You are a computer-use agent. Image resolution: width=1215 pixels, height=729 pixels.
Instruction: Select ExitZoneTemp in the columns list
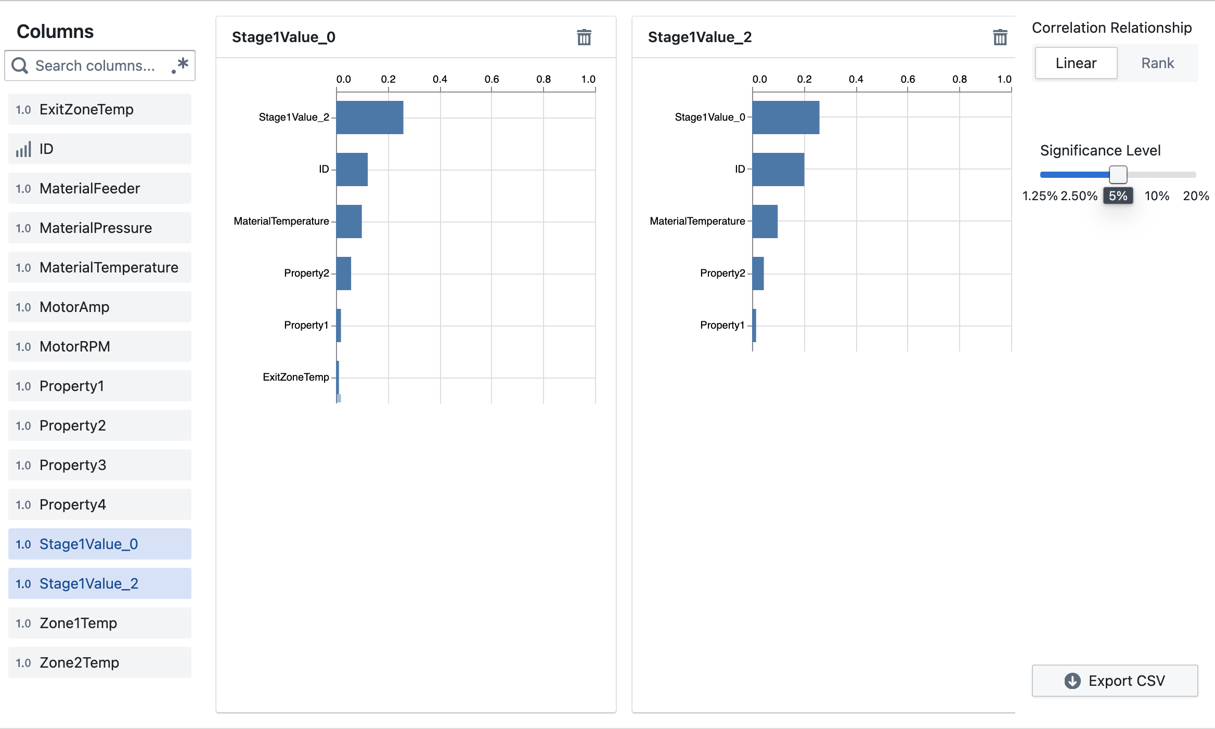coord(99,109)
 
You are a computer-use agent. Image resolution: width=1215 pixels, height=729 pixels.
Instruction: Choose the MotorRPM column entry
coord(99,346)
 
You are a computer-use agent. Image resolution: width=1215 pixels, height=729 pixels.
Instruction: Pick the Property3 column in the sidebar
coord(99,465)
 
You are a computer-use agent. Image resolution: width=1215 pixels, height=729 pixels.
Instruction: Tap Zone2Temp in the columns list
coord(99,662)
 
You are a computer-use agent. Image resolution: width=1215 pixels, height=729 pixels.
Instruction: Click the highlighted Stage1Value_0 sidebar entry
coord(99,544)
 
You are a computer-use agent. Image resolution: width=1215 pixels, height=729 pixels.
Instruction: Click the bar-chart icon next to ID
coord(23,149)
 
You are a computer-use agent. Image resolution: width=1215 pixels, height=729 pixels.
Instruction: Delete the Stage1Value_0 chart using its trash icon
coord(584,37)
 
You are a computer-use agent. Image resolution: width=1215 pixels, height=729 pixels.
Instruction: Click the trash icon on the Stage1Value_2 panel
coord(1000,37)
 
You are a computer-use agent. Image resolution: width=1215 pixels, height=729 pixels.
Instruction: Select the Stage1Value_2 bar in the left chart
coord(369,118)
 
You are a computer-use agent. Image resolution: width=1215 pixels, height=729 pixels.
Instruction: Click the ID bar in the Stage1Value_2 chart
coord(778,170)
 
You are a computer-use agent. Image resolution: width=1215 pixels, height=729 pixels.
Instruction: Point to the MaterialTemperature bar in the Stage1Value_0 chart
coord(349,222)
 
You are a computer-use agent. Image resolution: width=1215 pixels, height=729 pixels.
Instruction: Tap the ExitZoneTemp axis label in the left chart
coord(295,377)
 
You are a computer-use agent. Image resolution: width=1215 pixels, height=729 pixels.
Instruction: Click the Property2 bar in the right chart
coord(758,274)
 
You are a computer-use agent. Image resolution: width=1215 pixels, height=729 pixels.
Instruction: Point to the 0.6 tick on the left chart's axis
coord(492,80)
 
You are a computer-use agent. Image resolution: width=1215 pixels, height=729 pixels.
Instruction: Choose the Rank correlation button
coord(1157,63)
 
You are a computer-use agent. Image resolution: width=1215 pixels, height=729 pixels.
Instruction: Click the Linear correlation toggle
coord(1076,63)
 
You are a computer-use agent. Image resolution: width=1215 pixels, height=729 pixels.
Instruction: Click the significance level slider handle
coord(1118,175)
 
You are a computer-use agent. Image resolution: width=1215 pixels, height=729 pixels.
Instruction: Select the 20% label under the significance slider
coord(1195,196)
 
